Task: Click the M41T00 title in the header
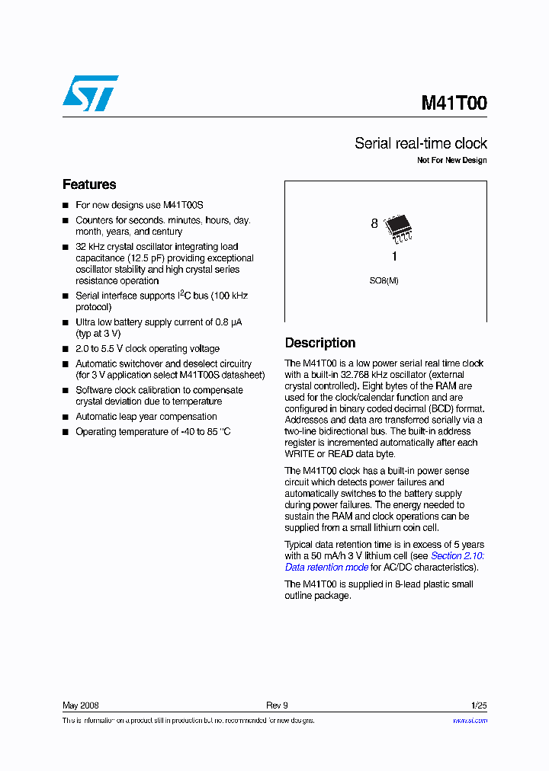click(x=454, y=104)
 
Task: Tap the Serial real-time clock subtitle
click(x=420, y=143)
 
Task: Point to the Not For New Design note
click(x=451, y=161)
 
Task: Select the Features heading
click(x=89, y=184)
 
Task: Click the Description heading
click(x=320, y=343)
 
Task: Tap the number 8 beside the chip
click(x=374, y=224)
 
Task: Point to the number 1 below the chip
click(x=394, y=257)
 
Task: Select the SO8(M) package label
click(x=384, y=280)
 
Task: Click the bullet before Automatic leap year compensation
click(x=66, y=417)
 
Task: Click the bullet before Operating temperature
click(x=66, y=432)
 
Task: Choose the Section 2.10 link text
click(x=457, y=556)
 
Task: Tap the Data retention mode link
click(x=326, y=568)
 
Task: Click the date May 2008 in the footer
click(x=80, y=705)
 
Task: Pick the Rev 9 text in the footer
click(x=277, y=705)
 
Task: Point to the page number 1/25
click(x=479, y=705)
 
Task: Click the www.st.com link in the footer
click(x=470, y=720)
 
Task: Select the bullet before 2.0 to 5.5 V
click(x=66, y=349)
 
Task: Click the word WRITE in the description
click(x=300, y=454)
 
